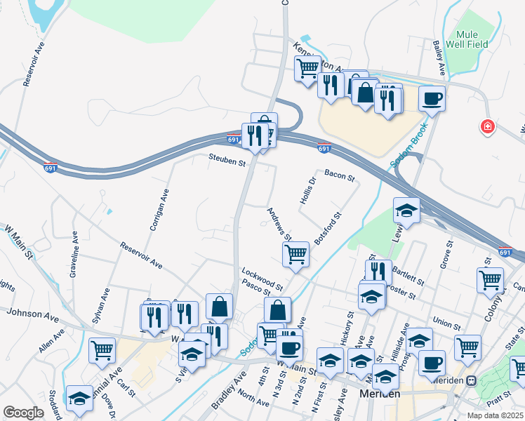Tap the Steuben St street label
[x=226, y=162]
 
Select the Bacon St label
[x=340, y=174]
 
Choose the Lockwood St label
[x=262, y=278]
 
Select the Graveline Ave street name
[x=72, y=238]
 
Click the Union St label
[x=446, y=324]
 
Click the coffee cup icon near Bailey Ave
[x=432, y=98]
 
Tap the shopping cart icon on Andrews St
[x=296, y=254]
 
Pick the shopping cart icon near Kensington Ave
[x=307, y=69]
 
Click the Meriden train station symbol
[x=472, y=380]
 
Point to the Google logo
[x=23, y=413]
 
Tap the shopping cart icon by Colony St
[x=490, y=279]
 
